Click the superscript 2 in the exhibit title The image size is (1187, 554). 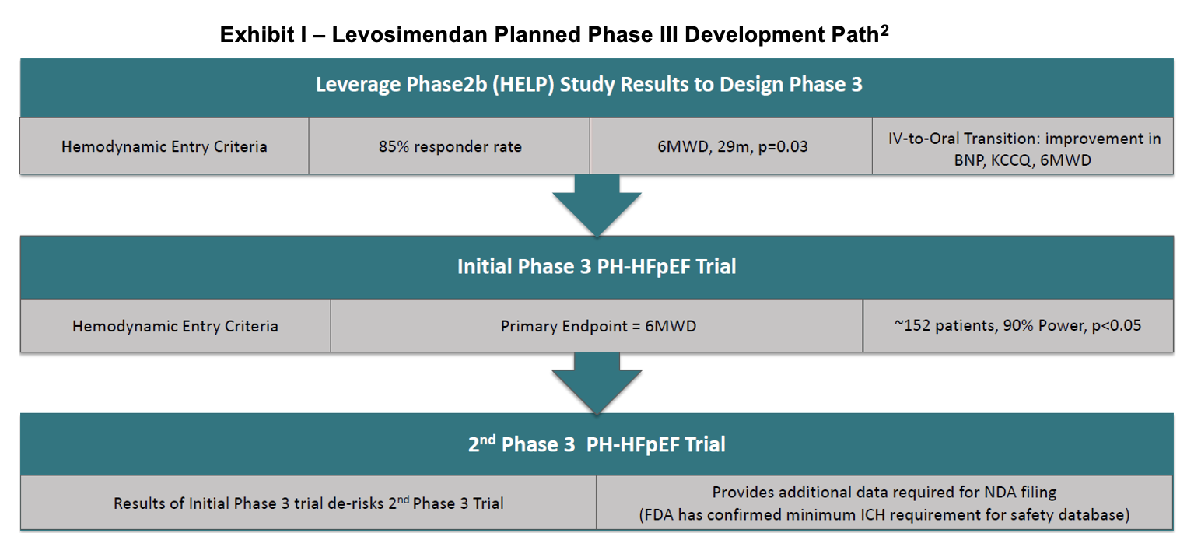click(x=884, y=31)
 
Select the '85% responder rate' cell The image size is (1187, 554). click(x=450, y=146)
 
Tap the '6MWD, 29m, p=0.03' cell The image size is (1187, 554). click(x=731, y=146)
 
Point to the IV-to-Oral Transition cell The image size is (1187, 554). click(x=1023, y=146)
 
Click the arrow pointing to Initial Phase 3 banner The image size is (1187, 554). click(x=597, y=205)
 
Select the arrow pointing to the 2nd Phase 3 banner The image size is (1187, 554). click(x=597, y=383)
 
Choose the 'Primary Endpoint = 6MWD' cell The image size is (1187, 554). click(x=597, y=325)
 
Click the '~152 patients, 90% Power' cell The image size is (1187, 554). click(x=1018, y=325)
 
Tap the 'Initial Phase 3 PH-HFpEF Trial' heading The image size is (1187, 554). click(x=597, y=267)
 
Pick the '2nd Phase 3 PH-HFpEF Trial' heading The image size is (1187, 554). click(x=597, y=444)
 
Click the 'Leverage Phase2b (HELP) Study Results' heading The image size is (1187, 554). click(x=590, y=85)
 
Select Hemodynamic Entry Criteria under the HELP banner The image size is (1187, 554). click(x=164, y=146)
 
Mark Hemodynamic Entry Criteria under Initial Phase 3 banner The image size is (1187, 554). click(x=175, y=325)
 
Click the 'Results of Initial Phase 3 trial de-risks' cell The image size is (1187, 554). click(x=308, y=503)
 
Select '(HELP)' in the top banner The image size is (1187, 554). click(x=523, y=85)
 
